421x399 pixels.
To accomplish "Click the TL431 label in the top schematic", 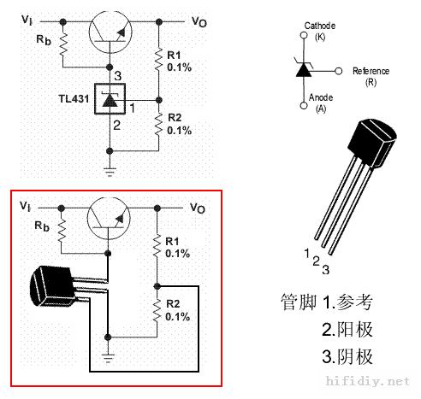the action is (74, 99).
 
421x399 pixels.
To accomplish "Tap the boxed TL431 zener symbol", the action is (110, 99).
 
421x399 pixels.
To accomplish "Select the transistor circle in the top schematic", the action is (110, 32).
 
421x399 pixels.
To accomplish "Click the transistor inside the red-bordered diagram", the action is (109, 219).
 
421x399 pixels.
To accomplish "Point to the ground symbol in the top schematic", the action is (110, 173).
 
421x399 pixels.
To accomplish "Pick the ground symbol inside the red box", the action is (108, 358).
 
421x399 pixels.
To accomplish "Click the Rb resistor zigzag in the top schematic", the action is (63, 44).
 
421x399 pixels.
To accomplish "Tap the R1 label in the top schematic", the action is (174, 55).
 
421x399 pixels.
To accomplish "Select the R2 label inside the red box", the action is (173, 304).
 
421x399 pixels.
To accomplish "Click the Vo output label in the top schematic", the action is (199, 21).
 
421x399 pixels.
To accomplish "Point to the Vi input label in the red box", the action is (25, 206).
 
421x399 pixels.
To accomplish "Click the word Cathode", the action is (320, 26).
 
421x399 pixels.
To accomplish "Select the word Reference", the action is (371, 71).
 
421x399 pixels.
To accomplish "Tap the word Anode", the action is (321, 97).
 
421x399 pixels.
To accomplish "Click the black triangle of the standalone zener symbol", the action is (304, 70).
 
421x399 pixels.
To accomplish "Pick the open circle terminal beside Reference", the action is (338, 71).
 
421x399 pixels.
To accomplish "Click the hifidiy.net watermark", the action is (368, 381).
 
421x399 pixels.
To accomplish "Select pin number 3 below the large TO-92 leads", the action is (326, 270).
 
